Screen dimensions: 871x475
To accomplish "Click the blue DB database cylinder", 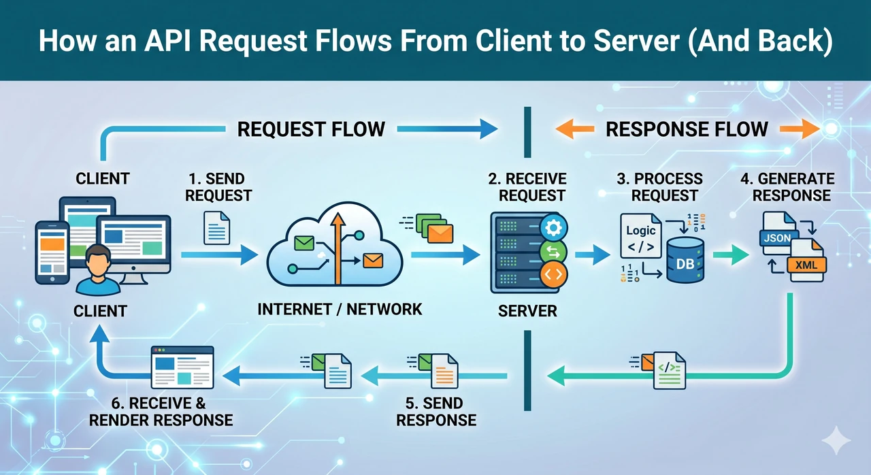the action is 685,260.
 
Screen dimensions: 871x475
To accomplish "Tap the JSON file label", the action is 778,238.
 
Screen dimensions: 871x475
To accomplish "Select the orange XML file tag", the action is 806,265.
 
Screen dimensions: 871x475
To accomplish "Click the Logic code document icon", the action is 641,235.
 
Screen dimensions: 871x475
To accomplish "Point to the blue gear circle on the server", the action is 553,228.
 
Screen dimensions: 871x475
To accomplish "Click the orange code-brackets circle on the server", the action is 553,274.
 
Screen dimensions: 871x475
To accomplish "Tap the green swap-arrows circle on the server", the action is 553,252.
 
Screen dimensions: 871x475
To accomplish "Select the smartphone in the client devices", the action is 52,252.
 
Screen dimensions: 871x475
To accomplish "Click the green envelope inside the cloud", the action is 304,244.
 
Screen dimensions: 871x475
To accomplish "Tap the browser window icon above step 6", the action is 182,367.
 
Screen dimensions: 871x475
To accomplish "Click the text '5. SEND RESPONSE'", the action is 436,412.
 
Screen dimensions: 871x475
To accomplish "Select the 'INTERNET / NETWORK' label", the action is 340,310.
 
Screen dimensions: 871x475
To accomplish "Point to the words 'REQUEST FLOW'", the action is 311,129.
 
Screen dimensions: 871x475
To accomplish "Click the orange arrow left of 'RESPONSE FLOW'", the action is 575,129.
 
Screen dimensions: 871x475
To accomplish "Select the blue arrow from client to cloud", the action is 220,255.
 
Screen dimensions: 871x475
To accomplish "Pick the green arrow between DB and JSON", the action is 731,255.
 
